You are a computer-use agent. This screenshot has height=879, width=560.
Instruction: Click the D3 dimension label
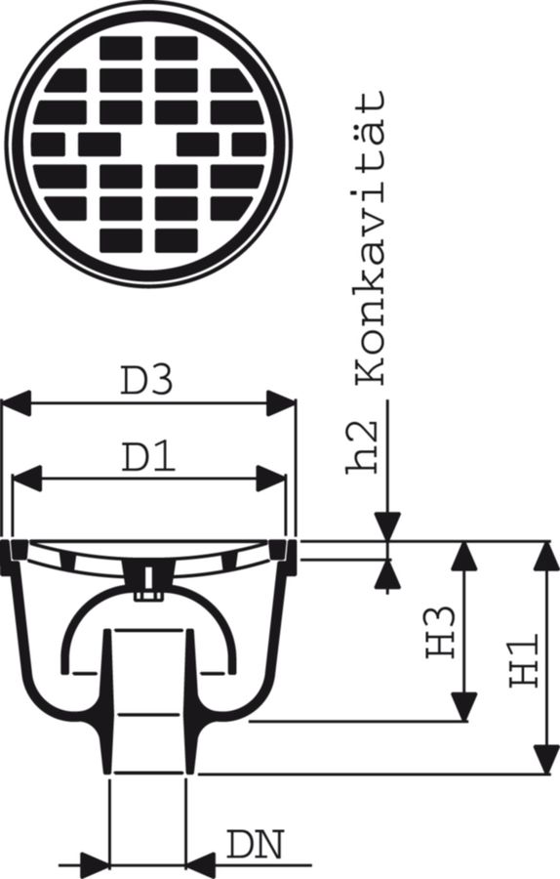point(147,381)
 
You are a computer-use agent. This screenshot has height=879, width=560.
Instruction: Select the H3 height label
point(440,631)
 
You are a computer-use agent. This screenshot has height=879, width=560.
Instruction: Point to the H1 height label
point(524,660)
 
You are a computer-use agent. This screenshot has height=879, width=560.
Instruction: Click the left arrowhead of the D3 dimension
point(17,403)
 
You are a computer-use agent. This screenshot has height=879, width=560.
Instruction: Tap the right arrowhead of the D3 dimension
point(281,403)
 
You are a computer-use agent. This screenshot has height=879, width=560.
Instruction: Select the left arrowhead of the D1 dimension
point(27,479)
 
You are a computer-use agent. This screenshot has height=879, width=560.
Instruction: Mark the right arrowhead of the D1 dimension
point(271,479)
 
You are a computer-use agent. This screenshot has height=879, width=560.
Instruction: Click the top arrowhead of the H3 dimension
point(464,556)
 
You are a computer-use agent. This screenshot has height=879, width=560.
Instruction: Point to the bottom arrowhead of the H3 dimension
point(464,706)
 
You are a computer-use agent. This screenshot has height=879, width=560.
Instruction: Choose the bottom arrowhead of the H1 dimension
point(545,759)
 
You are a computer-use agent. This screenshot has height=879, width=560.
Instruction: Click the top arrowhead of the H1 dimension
point(545,556)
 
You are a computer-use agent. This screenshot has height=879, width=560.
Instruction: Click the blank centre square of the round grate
point(148,144)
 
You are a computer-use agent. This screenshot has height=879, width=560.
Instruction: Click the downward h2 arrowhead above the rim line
point(387,526)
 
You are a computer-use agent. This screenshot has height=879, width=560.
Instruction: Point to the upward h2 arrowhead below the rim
point(387,574)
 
